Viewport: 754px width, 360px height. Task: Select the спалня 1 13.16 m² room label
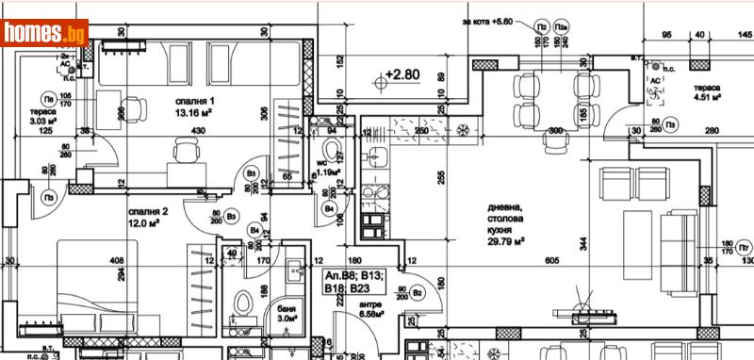(195, 106)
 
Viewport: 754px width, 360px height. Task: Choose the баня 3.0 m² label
(286, 314)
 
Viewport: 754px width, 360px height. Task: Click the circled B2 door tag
(418, 293)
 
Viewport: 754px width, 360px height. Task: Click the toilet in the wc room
(331, 151)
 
